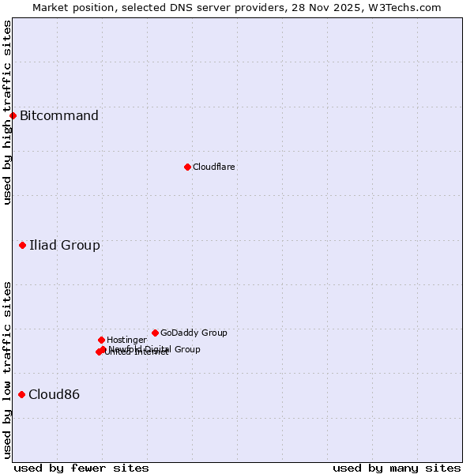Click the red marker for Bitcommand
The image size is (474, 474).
click(13, 116)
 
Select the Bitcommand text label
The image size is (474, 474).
click(59, 116)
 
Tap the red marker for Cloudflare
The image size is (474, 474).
click(187, 167)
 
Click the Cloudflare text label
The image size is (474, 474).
click(214, 167)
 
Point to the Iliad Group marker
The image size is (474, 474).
click(23, 246)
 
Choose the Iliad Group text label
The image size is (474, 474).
click(65, 246)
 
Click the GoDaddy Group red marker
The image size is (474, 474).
click(155, 333)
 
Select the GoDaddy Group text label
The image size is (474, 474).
click(194, 333)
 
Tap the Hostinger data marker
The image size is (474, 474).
click(101, 340)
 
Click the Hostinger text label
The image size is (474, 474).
click(126, 340)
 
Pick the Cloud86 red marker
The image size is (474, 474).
click(21, 394)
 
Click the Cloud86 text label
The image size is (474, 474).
click(54, 395)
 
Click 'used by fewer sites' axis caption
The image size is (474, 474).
click(81, 468)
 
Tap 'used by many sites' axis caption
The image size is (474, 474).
click(397, 468)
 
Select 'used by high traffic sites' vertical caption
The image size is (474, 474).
click(7, 112)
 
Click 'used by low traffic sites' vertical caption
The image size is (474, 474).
click(7, 370)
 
